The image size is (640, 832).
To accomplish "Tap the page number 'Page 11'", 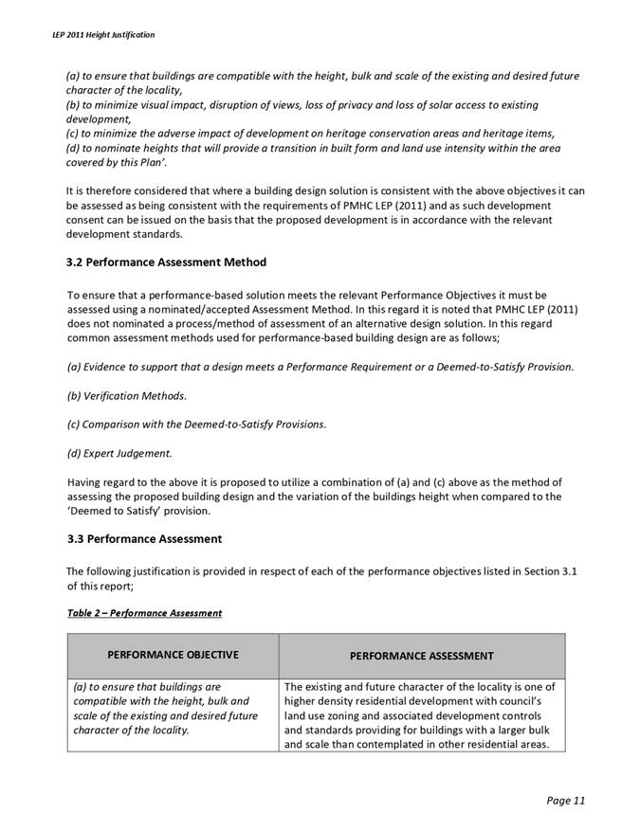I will [x=566, y=801].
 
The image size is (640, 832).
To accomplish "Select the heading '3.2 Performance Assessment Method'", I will [x=167, y=262].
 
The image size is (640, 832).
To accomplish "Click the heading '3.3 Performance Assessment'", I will [x=144, y=539].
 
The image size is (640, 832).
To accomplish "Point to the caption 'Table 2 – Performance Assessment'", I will [x=144, y=613].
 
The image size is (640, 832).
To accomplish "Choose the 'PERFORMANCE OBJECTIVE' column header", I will [x=173, y=654].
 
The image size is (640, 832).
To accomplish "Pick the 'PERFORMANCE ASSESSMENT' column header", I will [x=421, y=655].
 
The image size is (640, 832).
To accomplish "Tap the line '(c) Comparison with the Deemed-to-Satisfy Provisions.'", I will [x=196, y=424].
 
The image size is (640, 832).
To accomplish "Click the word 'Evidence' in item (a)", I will [x=106, y=367].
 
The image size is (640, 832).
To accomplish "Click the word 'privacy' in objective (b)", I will [x=375, y=104].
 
